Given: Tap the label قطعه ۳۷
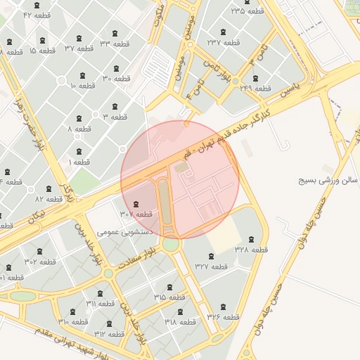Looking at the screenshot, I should tap(79, 49).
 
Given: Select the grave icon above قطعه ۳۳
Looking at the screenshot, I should tap(115, 32).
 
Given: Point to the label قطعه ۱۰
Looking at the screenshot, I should tap(82, 86).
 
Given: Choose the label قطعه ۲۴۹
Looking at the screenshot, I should tap(255, 88).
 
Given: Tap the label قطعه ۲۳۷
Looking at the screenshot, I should tap(224, 42).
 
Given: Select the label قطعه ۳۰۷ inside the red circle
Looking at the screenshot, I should tap(136, 214).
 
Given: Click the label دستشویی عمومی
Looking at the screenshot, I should tap(117, 230).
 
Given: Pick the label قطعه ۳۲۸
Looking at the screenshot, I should tap(251, 249).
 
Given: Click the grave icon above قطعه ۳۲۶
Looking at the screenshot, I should tap(224, 307).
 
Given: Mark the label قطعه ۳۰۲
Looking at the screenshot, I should tap(40, 261).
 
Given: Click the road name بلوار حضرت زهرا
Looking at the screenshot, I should tap(27, 117).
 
